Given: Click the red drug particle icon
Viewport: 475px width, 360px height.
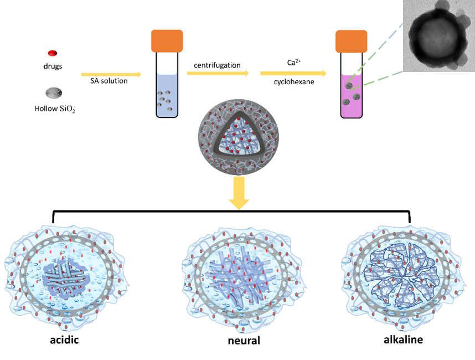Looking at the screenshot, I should click(53, 53).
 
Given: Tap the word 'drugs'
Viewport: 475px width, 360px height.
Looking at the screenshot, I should click(53, 66).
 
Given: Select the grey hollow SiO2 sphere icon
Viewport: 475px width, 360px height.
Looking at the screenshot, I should click(54, 93).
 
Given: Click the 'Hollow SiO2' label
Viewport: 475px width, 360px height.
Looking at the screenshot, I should click(54, 109).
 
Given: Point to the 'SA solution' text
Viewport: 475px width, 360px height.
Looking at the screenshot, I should click(109, 81).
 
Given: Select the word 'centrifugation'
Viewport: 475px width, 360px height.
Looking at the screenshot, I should click(217, 65).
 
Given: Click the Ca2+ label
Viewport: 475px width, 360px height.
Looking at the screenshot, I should click(293, 63).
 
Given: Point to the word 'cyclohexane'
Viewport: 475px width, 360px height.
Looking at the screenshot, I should click(293, 83).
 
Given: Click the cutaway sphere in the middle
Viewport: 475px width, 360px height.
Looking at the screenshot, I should click(239, 139).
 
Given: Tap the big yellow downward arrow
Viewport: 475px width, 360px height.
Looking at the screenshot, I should click(239, 194).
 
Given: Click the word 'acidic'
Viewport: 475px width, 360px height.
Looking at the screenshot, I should click(64, 340).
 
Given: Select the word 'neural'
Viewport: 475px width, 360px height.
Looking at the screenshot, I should click(244, 340).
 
